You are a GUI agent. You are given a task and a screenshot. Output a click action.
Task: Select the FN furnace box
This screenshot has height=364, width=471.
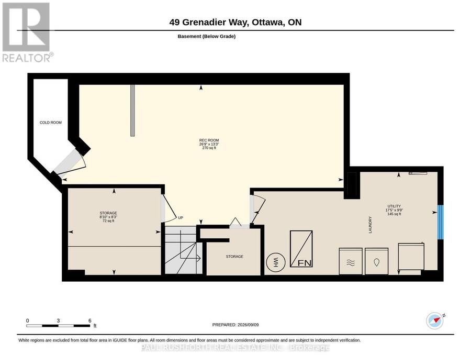(301, 249)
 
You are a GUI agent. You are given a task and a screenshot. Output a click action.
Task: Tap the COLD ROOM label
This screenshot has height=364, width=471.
(50, 123)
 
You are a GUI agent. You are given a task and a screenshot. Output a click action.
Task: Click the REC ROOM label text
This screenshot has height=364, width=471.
(209, 140)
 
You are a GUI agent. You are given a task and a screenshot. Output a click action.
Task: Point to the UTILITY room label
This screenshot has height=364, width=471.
(394, 206)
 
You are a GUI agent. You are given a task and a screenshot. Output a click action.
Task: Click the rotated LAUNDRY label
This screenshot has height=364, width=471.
(371, 225)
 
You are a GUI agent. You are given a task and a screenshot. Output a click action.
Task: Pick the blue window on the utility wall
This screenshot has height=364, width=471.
(440, 222)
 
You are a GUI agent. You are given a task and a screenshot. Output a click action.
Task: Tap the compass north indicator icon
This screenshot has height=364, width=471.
(435, 321)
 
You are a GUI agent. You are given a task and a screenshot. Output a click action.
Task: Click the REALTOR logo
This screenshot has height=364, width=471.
(28, 32)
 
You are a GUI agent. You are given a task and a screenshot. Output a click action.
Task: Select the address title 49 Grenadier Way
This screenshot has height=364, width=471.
(209, 22)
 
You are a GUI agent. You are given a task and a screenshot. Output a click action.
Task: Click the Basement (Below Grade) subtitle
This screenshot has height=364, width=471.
(207, 36)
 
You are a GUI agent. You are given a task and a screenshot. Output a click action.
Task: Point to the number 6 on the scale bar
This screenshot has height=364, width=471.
(90, 321)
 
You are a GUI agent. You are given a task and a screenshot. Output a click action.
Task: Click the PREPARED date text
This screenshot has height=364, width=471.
(235, 325)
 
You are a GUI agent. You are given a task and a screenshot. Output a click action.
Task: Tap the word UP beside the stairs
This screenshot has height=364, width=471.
(181, 218)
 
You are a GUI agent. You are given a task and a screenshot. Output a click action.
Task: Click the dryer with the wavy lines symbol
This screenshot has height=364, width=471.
(351, 261)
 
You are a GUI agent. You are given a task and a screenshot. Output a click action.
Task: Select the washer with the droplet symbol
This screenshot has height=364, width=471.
(377, 261)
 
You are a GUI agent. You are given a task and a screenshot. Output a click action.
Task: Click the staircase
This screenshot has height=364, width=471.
(184, 250)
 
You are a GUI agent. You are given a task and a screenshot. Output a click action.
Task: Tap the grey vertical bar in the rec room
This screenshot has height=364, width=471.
(132, 111)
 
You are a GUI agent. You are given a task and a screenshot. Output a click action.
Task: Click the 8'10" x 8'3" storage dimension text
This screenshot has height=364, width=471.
(108, 217)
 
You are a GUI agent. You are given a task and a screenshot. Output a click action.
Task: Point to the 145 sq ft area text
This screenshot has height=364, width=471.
(394, 214)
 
